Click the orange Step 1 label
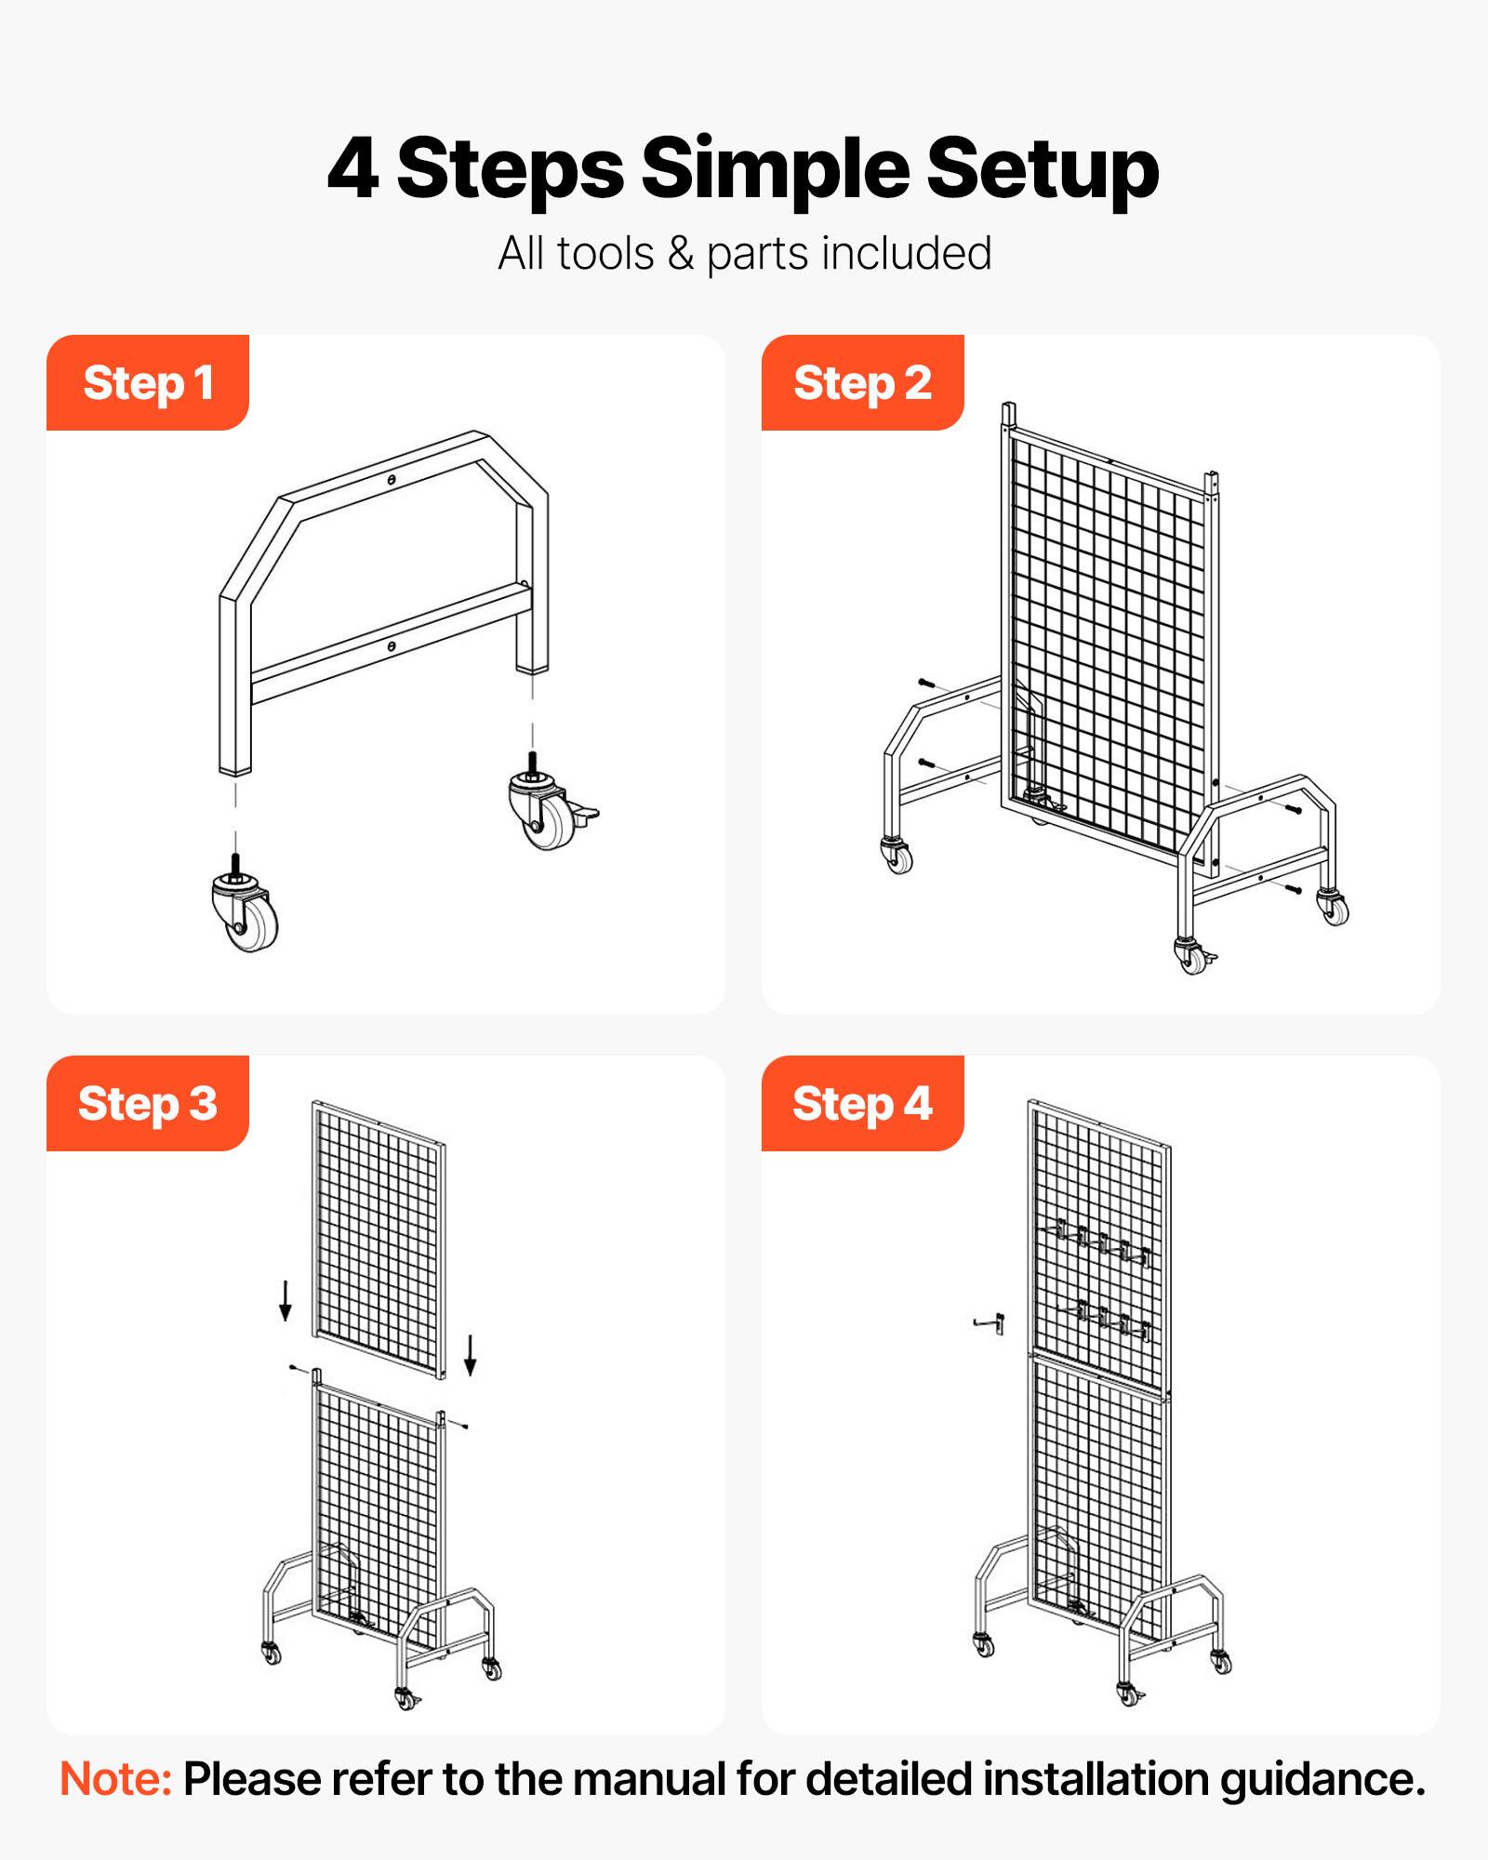(148, 383)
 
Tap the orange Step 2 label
(862, 383)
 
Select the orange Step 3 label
(148, 1104)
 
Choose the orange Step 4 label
(862, 1104)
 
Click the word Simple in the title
(774, 169)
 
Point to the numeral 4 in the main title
(353, 169)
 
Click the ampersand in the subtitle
(681, 254)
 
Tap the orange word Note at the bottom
(115, 1779)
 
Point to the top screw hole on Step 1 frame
(392, 480)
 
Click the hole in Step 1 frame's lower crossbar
(392, 645)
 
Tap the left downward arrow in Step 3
(286, 1300)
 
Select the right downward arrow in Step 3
(471, 1354)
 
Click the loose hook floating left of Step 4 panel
(990, 1322)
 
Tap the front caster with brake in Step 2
(1193, 956)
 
